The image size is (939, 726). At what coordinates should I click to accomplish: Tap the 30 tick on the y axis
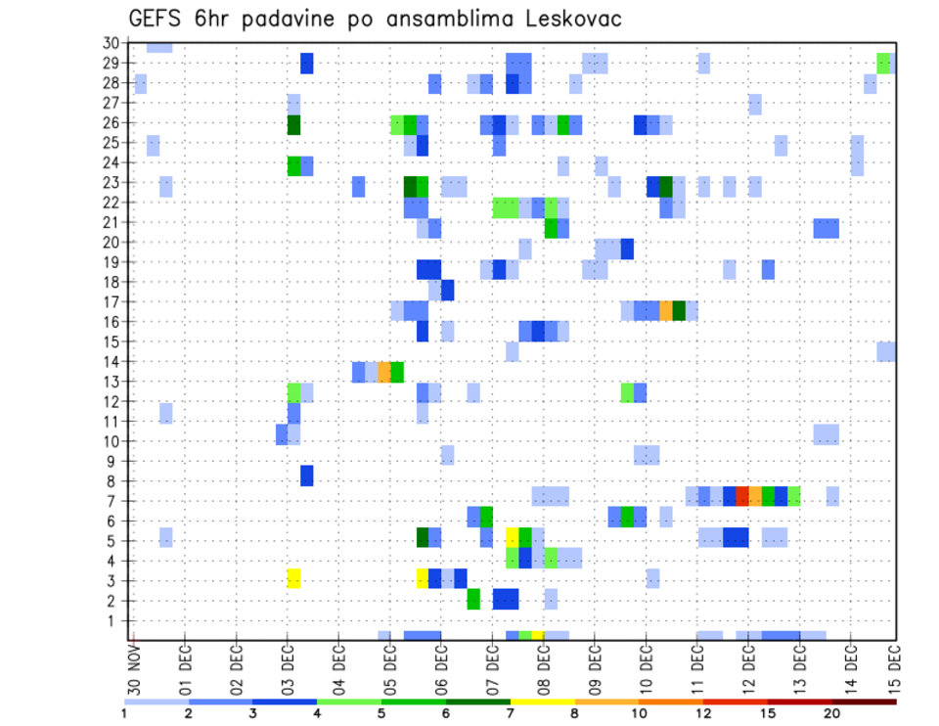[x=111, y=43]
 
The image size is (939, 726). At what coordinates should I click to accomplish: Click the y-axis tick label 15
[x=111, y=341]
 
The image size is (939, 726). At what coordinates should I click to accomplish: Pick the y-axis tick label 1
[x=113, y=620]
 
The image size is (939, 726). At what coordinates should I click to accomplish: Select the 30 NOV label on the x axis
[x=133, y=670]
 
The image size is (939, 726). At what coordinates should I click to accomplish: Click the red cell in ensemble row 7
[x=742, y=496]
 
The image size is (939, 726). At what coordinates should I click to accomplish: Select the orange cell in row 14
[x=384, y=372]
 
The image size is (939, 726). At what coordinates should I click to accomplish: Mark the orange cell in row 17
[x=666, y=310]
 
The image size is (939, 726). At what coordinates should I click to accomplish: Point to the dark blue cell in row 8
[x=307, y=476]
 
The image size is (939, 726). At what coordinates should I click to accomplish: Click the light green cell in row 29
[x=883, y=63]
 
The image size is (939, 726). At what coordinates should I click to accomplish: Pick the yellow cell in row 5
[x=512, y=536]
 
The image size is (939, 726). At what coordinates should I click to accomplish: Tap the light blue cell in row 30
[x=159, y=46]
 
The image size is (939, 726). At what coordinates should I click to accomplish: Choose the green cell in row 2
[x=473, y=599]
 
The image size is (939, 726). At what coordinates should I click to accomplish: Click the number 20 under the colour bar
[x=832, y=713]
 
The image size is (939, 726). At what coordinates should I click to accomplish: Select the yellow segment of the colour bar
[x=542, y=702]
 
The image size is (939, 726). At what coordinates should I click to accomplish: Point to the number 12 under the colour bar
[x=704, y=713]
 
